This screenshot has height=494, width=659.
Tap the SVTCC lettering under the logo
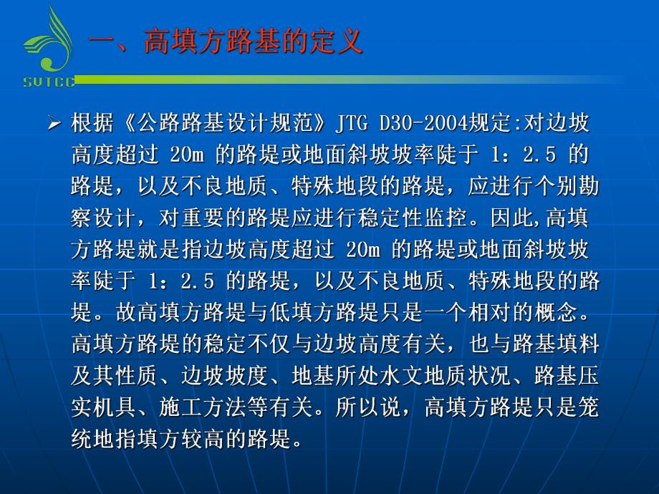(x=49, y=82)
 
